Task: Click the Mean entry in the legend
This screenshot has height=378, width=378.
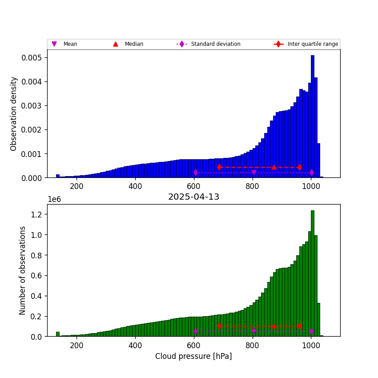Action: pos(70,44)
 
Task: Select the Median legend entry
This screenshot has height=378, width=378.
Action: pos(133,44)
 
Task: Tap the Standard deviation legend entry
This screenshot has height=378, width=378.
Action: pos(215,44)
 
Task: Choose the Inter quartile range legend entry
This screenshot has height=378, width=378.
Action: pos(313,44)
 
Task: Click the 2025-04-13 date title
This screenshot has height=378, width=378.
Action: pos(193,197)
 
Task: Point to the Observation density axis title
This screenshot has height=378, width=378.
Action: pos(14,113)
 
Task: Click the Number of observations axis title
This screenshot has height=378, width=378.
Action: pos(23,270)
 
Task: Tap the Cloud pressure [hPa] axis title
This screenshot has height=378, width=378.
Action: pos(193,356)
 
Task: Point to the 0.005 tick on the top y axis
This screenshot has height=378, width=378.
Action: pos(32,58)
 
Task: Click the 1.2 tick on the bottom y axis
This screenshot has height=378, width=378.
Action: pos(37,214)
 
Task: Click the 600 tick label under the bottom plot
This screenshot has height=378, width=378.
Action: pos(194,345)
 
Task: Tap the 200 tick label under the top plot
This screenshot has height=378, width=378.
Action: pos(76,186)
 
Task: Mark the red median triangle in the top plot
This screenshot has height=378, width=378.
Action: pos(274,167)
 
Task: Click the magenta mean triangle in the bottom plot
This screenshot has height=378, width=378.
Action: pos(254,331)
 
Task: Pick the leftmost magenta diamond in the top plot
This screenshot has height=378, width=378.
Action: pos(196,173)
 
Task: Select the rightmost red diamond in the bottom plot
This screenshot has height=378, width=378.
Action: pos(300,326)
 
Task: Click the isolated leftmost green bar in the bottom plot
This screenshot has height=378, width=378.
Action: pos(57,334)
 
